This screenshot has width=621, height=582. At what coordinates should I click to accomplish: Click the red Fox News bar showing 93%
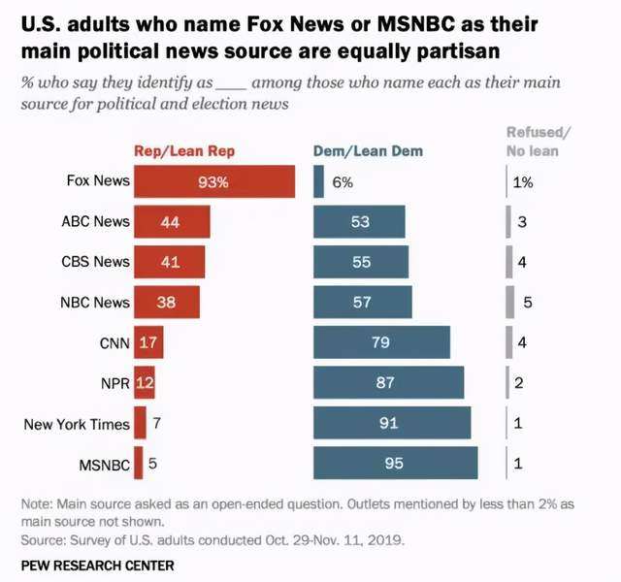click(213, 181)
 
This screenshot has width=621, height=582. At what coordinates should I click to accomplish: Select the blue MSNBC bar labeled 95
click(395, 464)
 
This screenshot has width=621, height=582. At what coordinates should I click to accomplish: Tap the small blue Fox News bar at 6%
click(318, 181)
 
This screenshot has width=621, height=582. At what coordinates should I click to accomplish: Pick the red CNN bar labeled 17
click(148, 342)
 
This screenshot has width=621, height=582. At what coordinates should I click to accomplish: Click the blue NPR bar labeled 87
click(388, 383)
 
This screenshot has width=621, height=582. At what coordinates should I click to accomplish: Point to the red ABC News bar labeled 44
click(171, 222)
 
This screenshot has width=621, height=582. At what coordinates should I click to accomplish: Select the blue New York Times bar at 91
click(392, 423)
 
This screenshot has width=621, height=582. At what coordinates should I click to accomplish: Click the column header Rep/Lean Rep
click(184, 151)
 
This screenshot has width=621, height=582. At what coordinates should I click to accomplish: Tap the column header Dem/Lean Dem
click(368, 151)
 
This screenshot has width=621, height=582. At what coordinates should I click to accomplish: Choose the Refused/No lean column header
click(539, 142)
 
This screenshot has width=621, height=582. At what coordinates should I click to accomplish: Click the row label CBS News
click(94, 262)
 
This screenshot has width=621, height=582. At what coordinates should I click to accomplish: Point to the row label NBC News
click(94, 302)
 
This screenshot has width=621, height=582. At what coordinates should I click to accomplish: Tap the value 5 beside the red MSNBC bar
click(152, 464)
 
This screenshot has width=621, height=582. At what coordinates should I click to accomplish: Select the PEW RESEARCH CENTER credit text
click(97, 565)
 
